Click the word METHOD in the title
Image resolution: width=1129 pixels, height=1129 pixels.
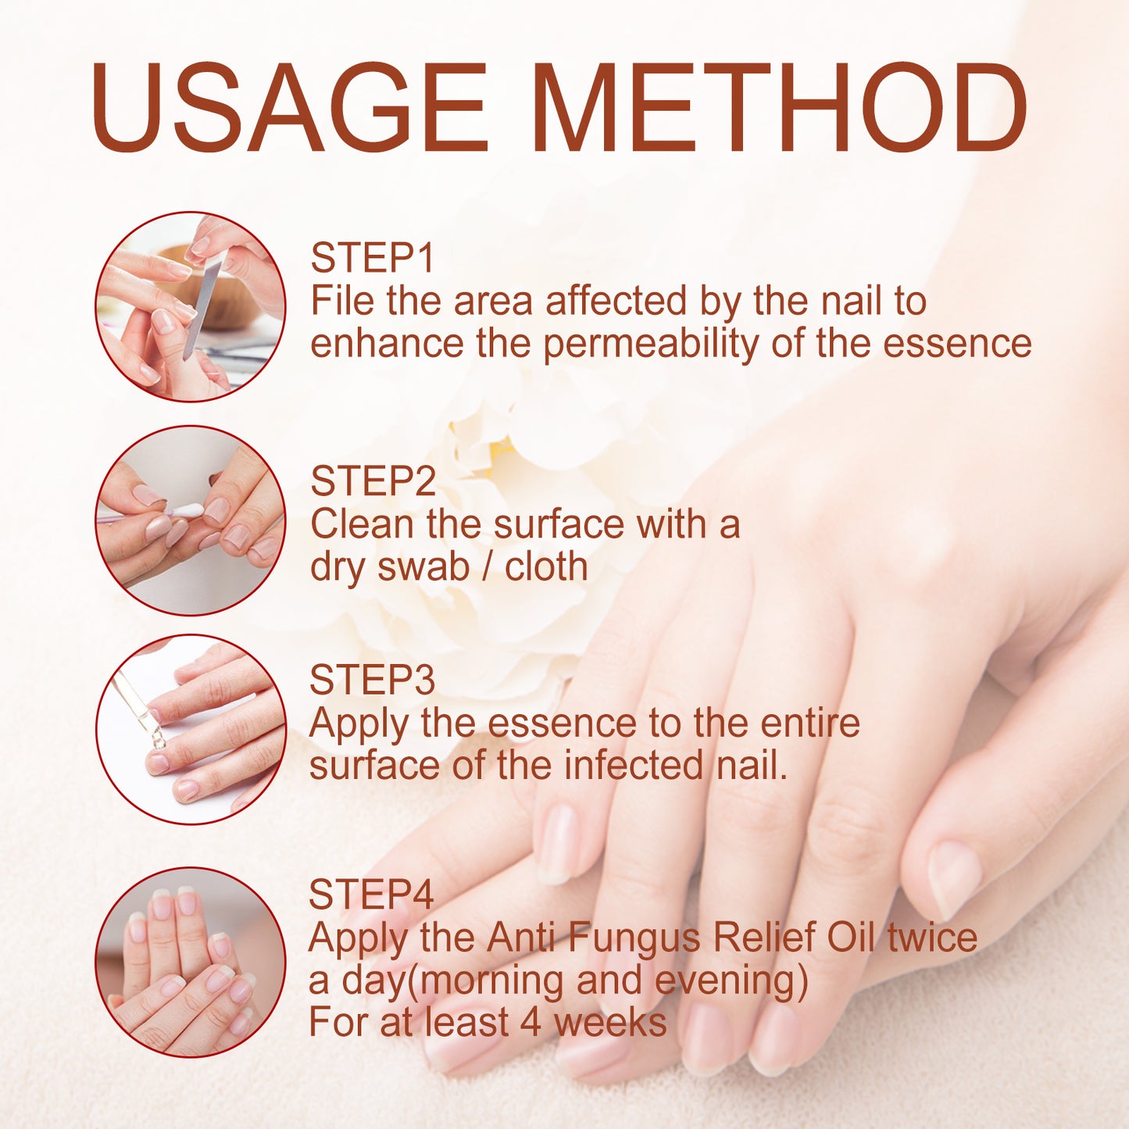pos(781,107)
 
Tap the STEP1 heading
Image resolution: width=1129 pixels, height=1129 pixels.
pos(372,258)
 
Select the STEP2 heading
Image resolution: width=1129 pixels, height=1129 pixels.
pos(373,481)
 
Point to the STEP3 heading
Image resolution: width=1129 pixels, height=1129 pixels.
pos(372,680)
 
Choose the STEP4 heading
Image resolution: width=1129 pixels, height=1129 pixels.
pos(371,895)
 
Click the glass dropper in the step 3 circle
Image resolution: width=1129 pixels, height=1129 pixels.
pos(139,711)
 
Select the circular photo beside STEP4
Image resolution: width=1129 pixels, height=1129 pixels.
pos(190,962)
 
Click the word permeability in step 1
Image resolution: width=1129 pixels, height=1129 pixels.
pos(650,345)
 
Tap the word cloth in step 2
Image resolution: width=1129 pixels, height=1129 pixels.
pos(546,567)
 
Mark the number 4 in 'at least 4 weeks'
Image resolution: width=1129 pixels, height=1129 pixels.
pos(531,1023)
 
